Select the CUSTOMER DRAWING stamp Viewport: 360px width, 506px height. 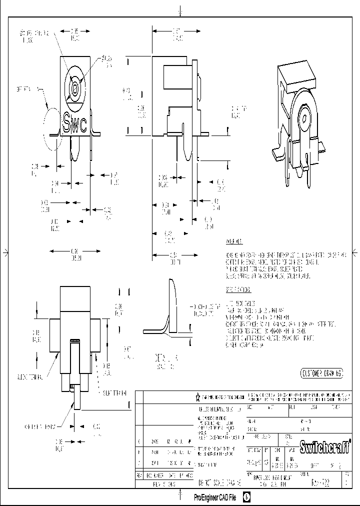[322, 373]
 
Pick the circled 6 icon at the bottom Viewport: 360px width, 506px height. [247, 497]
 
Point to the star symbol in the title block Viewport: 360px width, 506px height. [198, 397]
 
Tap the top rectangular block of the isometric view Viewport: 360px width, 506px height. [297, 75]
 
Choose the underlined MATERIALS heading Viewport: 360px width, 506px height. [234, 242]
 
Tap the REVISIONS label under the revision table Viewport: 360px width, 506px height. [164, 484]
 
